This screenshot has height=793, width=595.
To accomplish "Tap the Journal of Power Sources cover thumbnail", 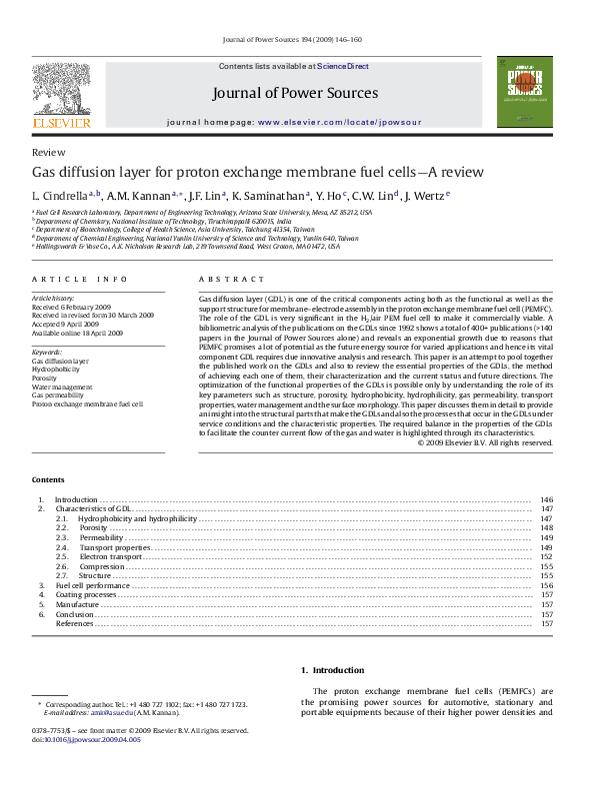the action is (x=524, y=91).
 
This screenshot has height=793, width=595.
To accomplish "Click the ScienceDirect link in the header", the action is (x=343, y=66).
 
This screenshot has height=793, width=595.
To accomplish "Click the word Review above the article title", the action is (x=45, y=152).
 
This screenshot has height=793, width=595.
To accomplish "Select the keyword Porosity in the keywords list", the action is (x=45, y=379).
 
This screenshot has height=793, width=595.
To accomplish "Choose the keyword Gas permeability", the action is (x=57, y=396).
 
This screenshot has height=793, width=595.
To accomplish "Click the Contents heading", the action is (x=49, y=480).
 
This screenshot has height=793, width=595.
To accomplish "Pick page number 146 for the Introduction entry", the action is (x=546, y=499).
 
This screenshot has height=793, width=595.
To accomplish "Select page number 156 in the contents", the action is (x=546, y=585).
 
